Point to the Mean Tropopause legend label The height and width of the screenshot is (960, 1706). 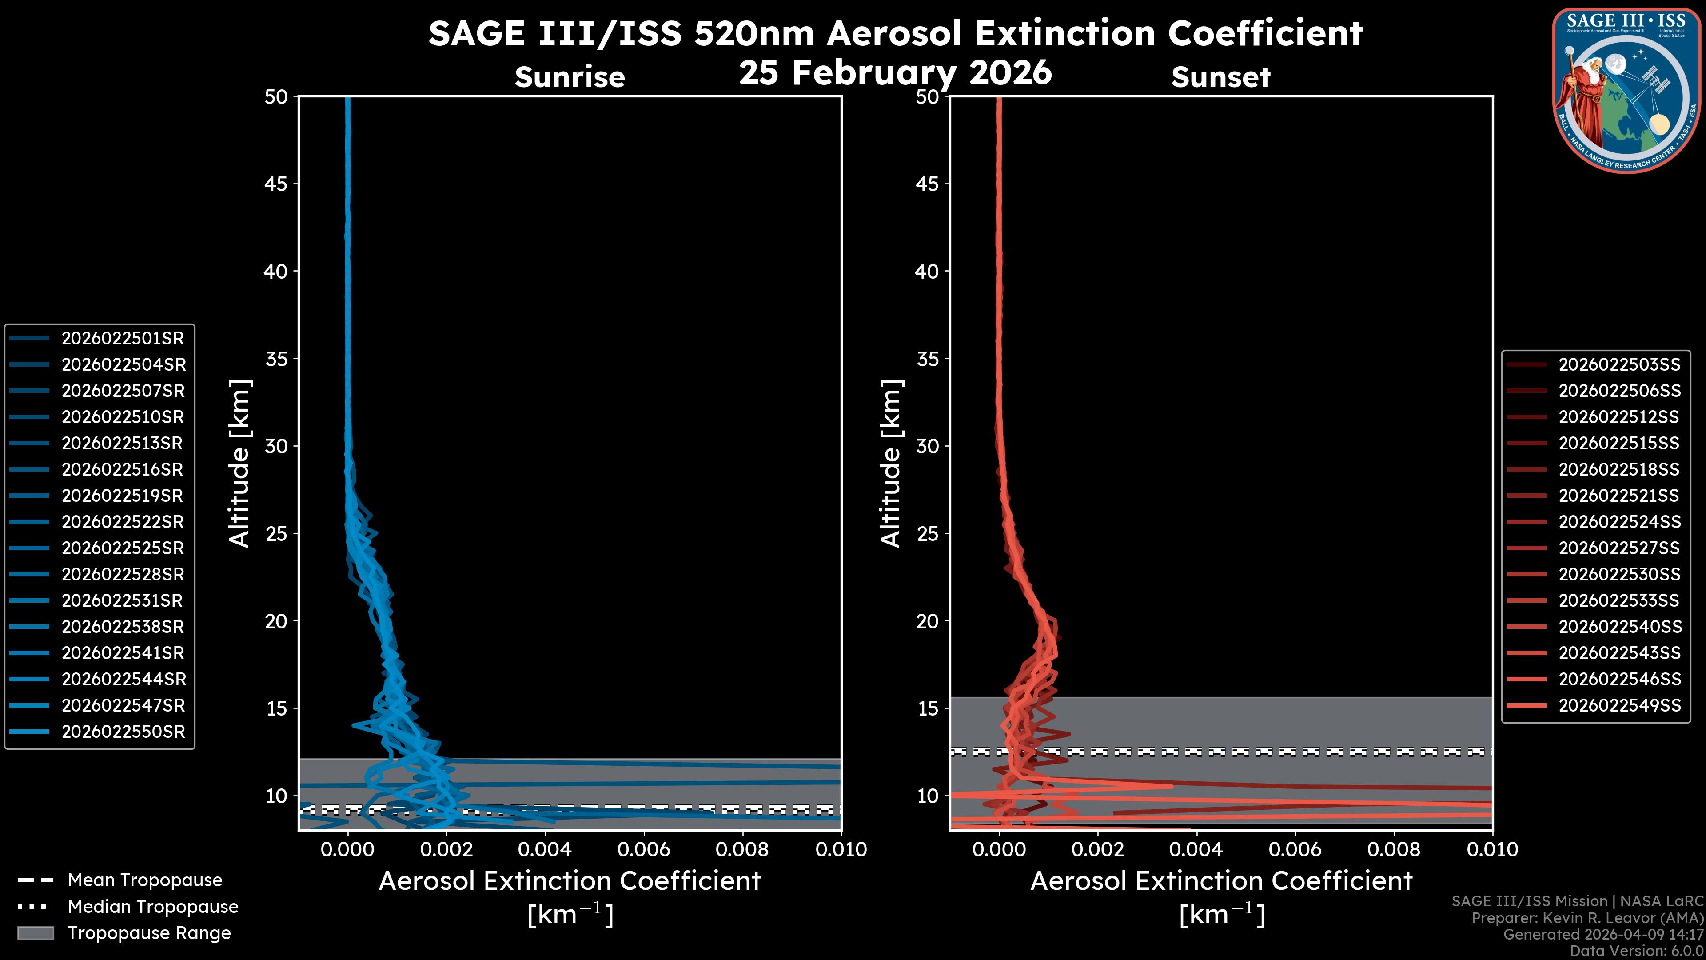click(x=145, y=880)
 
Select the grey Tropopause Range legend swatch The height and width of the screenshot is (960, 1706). click(x=35, y=933)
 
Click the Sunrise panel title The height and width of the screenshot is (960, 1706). click(x=570, y=77)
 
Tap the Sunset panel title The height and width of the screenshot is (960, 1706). click(x=1220, y=77)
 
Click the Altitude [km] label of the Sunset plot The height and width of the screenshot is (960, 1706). click(x=891, y=464)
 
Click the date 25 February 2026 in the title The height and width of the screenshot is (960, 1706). click(x=895, y=72)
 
